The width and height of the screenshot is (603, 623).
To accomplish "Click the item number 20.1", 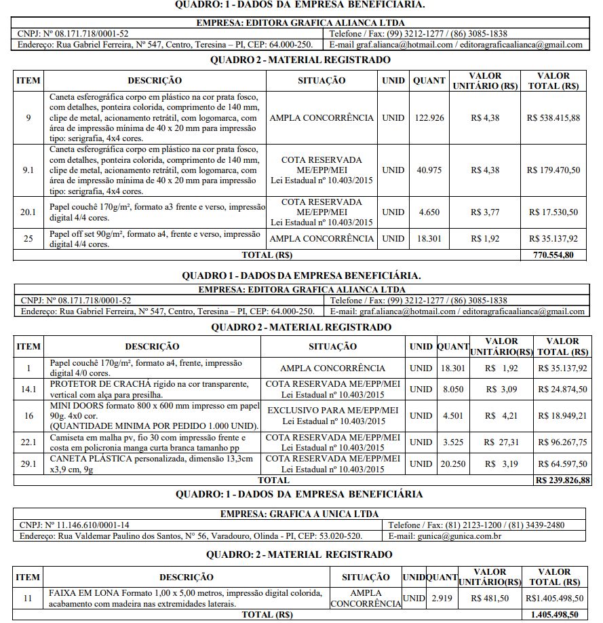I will coord(28,212).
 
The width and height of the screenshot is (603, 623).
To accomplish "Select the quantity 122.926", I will coord(429,117).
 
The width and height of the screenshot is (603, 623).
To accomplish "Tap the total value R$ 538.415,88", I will coord(553,117).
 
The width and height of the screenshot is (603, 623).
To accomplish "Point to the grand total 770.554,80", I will coord(553,255).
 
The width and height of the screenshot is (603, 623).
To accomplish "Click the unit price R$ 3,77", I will coord(485,212).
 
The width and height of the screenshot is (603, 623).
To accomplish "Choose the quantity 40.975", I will coord(429,170).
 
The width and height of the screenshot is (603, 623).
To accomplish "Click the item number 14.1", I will coord(28,389).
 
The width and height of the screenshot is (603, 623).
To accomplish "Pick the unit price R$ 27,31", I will coord(502,442).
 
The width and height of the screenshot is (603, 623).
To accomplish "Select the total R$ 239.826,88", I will coord(562,480).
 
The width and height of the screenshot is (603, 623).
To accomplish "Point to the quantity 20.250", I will coord(452,464).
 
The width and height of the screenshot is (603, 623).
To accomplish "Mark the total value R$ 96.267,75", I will coord(562,442).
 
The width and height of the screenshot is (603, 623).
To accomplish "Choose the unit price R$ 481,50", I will coord(489,599).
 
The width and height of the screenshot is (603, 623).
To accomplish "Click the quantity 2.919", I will coord(442,599).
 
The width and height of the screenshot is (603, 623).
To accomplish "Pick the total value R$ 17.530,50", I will coord(553,212).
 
